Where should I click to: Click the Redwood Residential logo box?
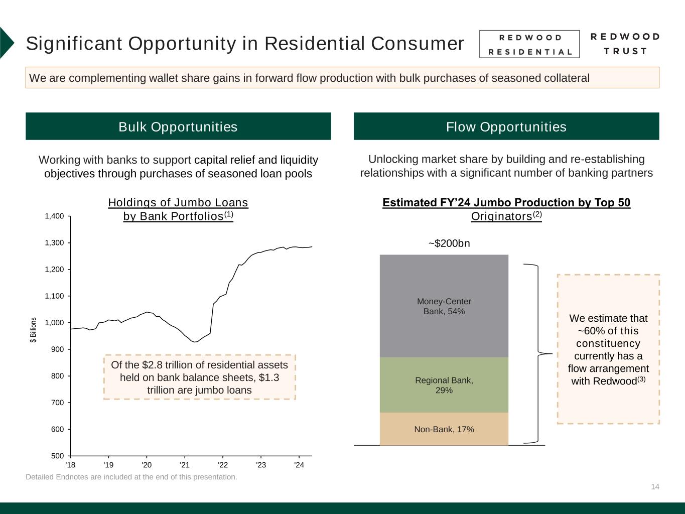click(529, 44)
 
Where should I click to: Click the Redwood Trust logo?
click(625, 44)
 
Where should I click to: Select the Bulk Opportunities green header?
click(178, 126)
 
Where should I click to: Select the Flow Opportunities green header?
click(506, 126)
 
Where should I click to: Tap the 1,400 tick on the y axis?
click(55, 216)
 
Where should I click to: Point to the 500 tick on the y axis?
click(58, 456)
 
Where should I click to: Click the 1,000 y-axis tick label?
click(55, 323)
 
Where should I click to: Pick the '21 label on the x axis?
click(184, 465)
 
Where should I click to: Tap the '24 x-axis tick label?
click(299, 465)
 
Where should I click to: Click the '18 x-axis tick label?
click(70, 465)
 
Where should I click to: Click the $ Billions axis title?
click(34, 330)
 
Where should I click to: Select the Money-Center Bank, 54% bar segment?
click(444, 306)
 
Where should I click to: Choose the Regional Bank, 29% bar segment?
click(444, 385)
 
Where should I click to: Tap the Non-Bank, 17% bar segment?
click(444, 429)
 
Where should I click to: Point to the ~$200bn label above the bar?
click(449, 243)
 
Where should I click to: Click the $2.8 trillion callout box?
click(199, 377)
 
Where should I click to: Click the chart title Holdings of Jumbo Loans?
click(178, 203)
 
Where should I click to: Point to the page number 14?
click(655, 486)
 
